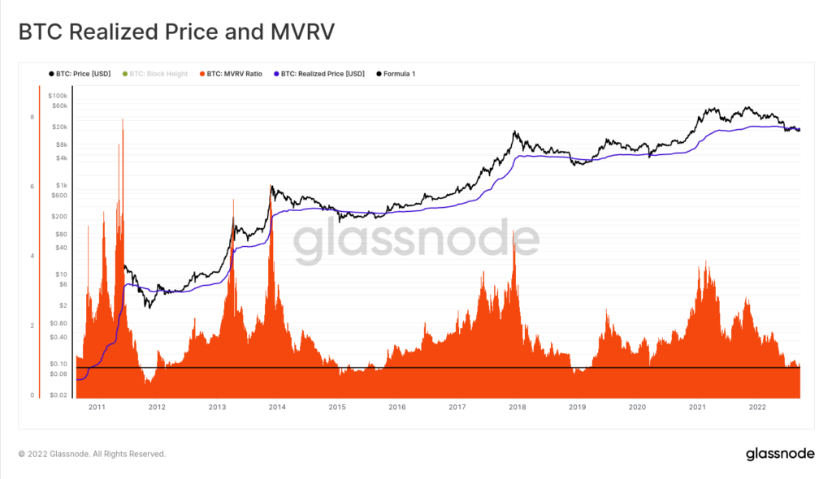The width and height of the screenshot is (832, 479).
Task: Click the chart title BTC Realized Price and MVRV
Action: [176, 32]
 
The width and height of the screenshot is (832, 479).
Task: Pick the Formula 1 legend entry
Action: [398, 74]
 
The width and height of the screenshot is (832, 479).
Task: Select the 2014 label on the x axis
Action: [277, 407]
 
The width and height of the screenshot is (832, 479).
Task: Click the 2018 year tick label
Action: [517, 407]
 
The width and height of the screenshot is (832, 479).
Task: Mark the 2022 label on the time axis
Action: [756, 407]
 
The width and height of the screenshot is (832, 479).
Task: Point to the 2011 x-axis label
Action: [97, 407]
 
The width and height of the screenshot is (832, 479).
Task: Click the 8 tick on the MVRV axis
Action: [32, 118]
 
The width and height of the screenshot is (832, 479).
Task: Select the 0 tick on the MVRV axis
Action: [32, 395]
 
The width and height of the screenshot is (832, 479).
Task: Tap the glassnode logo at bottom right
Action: [780, 454]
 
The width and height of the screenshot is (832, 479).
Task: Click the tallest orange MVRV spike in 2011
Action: [122, 122]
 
